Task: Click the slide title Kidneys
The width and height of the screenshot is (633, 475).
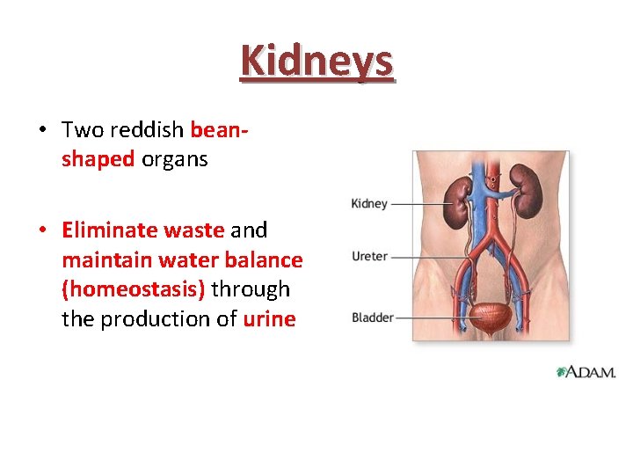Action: [316, 61]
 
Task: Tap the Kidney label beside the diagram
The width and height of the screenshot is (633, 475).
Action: [369, 204]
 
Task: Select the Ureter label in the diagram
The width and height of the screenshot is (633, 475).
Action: [369, 257]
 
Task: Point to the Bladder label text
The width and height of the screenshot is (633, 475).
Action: [372, 318]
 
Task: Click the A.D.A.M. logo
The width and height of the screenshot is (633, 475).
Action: [586, 372]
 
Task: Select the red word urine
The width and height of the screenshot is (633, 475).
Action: [269, 319]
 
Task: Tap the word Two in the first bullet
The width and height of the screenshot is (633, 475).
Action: [83, 130]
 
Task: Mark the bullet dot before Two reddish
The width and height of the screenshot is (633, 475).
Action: [42, 130]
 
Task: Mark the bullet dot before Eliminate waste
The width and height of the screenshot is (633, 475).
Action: [42, 230]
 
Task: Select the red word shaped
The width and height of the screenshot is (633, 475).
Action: [98, 160]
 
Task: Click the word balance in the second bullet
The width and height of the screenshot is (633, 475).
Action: [266, 260]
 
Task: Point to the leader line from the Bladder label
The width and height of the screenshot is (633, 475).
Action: [431, 318]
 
